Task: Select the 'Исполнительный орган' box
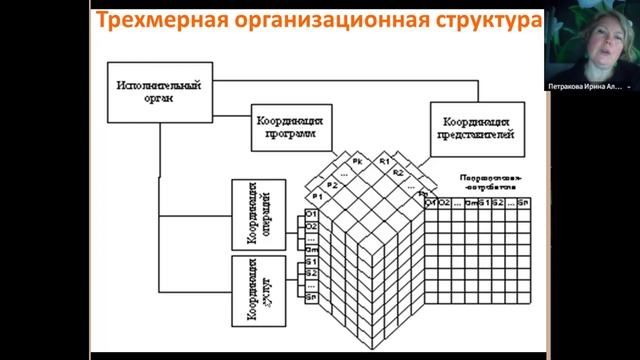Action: (157, 91)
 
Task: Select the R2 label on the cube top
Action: (397, 173)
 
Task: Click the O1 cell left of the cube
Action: (311, 216)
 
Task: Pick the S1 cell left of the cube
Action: (311, 261)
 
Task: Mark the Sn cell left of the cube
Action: (311, 296)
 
